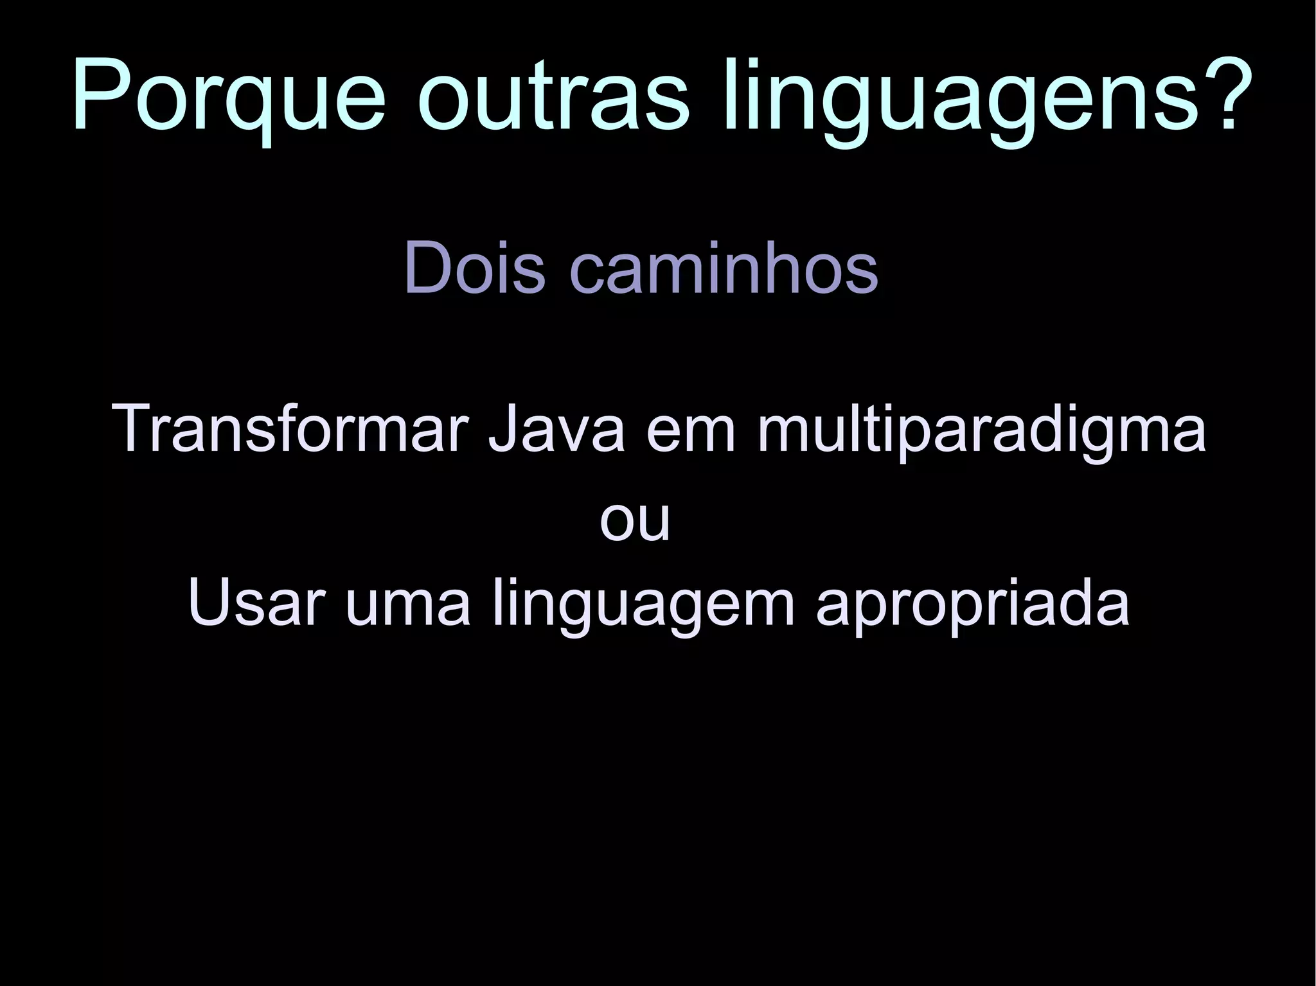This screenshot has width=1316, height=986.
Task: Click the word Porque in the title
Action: pos(229,96)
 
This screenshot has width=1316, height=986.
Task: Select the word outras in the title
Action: pos(553,96)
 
